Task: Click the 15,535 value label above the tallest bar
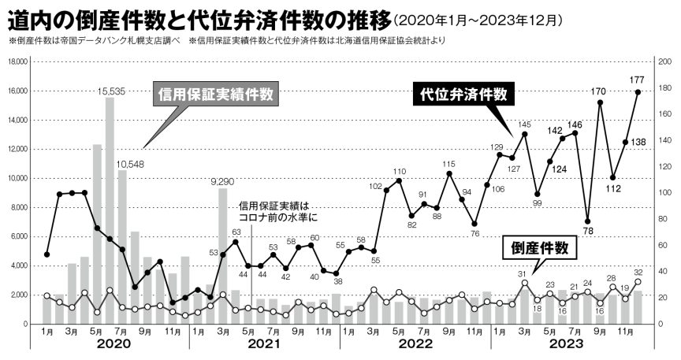click(112, 91)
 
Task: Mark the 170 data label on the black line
click(599, 91)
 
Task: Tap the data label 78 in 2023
click(587, 231)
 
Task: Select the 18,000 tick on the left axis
click(18, 61)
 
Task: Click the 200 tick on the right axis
click(664, 61)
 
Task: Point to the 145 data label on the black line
click(524, 124)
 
